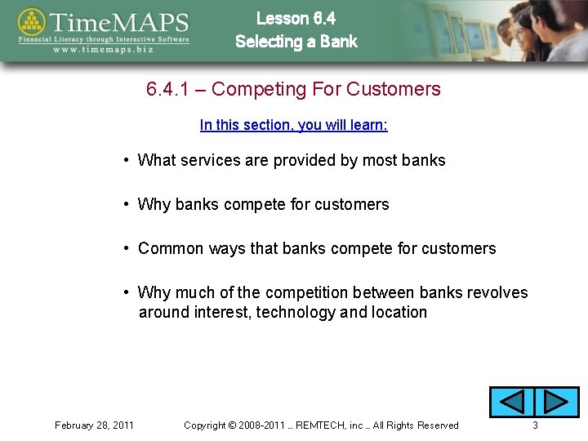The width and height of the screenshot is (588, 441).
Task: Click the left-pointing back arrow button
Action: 511,402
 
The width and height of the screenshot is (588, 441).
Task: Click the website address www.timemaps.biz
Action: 104,48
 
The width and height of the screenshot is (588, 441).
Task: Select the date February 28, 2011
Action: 94,425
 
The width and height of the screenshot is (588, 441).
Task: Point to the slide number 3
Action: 535,425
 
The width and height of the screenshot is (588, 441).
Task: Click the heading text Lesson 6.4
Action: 296,18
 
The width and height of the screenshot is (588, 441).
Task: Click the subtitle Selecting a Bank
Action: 296,42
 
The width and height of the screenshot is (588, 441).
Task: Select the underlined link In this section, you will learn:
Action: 293,125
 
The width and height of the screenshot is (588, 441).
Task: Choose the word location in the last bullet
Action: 399,312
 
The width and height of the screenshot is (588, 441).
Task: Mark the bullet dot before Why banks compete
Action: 127,204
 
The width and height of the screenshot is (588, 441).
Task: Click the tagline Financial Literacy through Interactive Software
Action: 104,38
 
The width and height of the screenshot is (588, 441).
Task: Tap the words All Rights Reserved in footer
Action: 416,425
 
